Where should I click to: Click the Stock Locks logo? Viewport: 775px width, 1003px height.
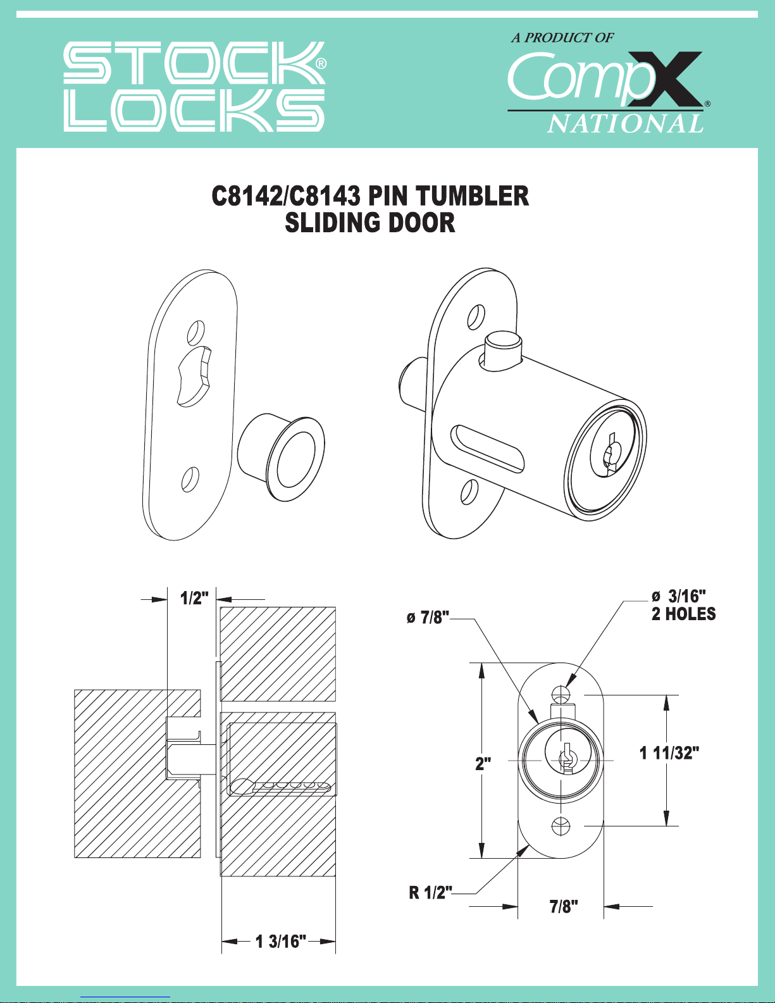pos(194,87)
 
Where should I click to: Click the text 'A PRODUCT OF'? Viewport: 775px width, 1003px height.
pos(562,38)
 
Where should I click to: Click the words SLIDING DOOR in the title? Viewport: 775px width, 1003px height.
pos(370,223)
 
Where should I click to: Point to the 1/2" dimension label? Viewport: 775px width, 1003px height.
pos(194,598)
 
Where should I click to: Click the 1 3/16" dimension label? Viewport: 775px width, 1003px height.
pos(280,942)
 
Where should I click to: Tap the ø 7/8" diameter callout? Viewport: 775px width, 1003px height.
pos(428,618)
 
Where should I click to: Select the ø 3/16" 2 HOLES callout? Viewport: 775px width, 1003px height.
pos(683,605)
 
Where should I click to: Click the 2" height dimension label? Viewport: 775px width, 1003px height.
pos(483,763)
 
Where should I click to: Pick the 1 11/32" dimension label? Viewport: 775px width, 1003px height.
pos(669,753)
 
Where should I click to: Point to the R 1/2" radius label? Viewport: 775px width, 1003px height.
pos(430,893)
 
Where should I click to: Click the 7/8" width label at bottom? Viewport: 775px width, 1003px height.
pos(563,907)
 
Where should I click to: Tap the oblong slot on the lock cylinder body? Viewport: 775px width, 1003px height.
pos(487,449)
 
